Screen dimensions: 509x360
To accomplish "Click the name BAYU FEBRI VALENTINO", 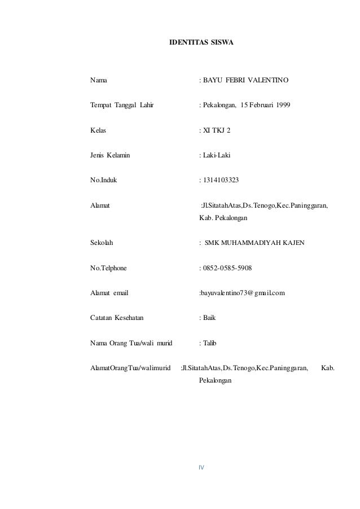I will coord(246,81).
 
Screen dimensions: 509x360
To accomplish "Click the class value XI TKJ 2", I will coord(217,130).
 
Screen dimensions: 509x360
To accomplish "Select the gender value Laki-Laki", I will coord(217,155).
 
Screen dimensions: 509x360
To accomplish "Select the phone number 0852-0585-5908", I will coord(228,267).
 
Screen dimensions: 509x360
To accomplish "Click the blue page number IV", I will coord(200,467).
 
